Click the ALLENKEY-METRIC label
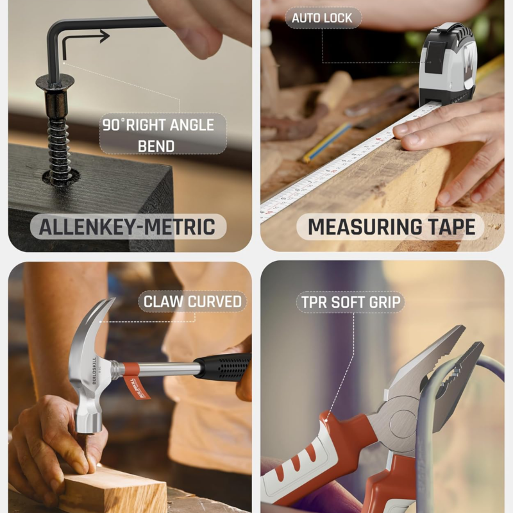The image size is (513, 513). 128,226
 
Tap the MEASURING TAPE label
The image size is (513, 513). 391,227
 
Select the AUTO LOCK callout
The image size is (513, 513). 323,18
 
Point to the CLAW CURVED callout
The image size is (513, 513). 192,301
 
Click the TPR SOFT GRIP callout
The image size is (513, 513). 351,302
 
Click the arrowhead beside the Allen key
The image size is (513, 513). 105,36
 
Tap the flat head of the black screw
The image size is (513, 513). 55,82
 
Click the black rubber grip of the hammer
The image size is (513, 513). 224,367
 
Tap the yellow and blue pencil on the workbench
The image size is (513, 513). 326,142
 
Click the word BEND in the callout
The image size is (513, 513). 156,146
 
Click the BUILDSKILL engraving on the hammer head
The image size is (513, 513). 94,371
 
